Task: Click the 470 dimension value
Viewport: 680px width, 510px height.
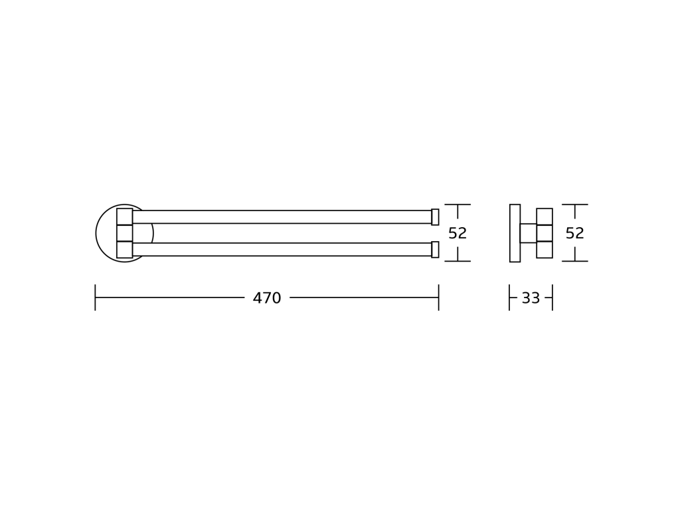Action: (267, 298)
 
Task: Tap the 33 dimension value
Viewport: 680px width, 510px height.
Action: (531, 298)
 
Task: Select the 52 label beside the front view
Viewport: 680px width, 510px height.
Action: (458, 233)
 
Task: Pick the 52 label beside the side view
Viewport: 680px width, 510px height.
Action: (574, 233)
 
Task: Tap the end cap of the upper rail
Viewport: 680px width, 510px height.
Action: (435, 217)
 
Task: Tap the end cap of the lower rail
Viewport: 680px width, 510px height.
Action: (435, 250)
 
